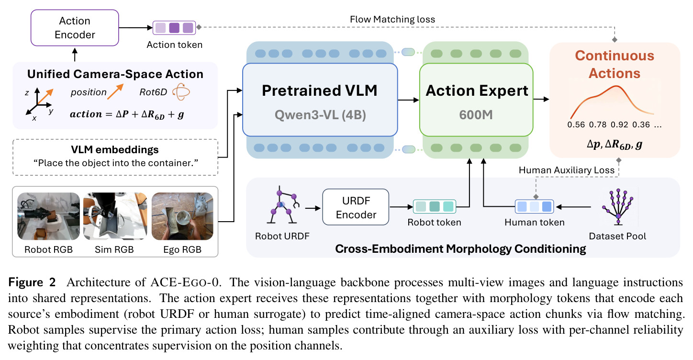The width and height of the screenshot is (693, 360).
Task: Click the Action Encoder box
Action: click(75, 28)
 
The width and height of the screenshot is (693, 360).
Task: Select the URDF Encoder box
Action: click(356, 207)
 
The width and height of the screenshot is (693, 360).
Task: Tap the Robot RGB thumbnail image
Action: click(48, 216)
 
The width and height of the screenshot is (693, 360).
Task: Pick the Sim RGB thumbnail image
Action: click(115, 216)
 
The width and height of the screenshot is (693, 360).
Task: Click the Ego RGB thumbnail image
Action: click(182, 216)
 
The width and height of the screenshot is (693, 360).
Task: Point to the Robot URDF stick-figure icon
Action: click(283, 205)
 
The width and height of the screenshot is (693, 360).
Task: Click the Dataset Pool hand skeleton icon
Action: click(618, 206)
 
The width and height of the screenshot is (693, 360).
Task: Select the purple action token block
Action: click(174, 28)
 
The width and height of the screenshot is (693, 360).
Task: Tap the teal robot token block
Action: click(435, 206)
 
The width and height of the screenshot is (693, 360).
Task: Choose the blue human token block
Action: click(534, 206)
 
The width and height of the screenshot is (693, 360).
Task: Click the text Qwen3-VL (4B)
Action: click(320, 115)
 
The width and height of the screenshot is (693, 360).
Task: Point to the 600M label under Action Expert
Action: click(476, 115)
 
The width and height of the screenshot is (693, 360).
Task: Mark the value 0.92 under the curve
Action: click(619, 125)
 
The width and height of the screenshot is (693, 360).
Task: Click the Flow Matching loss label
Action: click(392, 19)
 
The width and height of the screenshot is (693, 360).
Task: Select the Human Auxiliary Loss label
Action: click(567, 170)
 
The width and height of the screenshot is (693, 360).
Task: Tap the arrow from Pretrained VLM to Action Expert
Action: click(408, 100)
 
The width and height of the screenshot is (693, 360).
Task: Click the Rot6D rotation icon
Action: click(181, 92)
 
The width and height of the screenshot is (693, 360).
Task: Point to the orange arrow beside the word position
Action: click(115, 92)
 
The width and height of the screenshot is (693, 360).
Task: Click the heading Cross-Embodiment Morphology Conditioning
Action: click(460, 249)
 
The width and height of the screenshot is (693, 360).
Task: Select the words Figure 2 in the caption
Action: click(32, 282)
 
